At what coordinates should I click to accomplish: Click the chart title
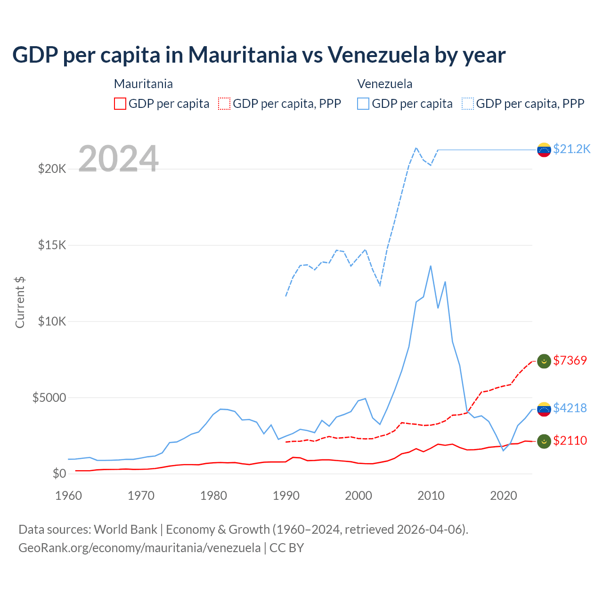pyautogui.click(x=259, y=55)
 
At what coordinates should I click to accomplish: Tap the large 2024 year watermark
pyautogui.click(x=118, y=159)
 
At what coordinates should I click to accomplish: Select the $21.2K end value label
pyautogui.click(x=571, y=149)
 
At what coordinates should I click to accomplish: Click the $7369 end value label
pyautogui.click(x=570, y=360)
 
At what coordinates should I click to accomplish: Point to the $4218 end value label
pyautogui.click(x=570, y=408)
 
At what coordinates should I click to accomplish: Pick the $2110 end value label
pyautogui.click(x=570, y=440)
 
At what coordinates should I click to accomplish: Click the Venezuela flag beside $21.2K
pyautogui.click(x=544, y=150)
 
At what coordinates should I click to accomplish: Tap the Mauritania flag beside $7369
pyautogui.click(x=544, y=361)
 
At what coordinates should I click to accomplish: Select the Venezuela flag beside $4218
pyautogui.click(x=544, y=409)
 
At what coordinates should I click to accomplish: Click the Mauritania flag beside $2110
pyautogui.click(x=544, y=441)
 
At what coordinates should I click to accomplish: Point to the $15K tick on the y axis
pyautogui.click(x=52, y=245)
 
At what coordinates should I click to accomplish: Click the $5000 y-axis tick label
pyautogui.click(x=49, y=398)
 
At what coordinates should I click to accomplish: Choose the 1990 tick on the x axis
pyautogui.click(x=286, y=496)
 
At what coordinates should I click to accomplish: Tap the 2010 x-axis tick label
pyautogui.click(x=431, y=496)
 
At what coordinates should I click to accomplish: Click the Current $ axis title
pyautogui.click(x=20, y=302)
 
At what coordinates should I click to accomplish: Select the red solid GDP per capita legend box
pyautogui.click(x=120, y=104)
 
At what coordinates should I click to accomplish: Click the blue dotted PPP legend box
pyautogui.click(x=468, y=104)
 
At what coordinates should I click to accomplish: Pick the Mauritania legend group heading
pyautogui.click(x=143, y=84)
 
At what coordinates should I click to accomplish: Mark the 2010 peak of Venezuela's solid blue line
pyautogui.click(x=431, y=266)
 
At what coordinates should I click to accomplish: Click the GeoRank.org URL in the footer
pyautogui.click(x=139, y=548)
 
